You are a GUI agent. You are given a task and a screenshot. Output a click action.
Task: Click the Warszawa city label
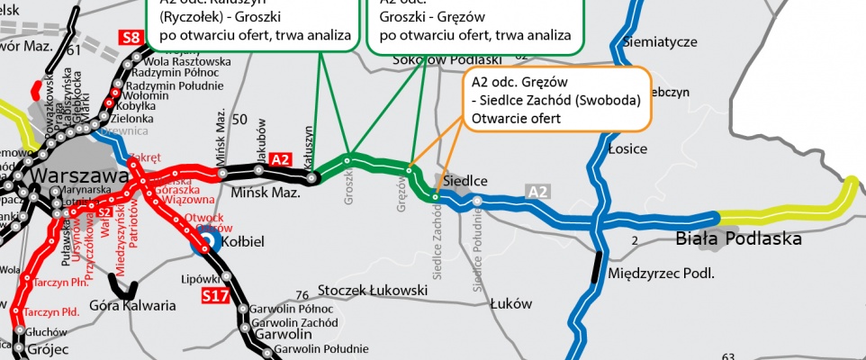(76, 176)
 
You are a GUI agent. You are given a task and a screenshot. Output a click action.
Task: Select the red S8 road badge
(131, 38)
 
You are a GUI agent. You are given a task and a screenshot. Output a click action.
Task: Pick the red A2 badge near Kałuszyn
(281, 158)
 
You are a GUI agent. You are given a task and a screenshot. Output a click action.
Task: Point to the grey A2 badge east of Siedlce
(537, 191)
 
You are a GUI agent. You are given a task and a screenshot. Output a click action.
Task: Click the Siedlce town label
(465, 181)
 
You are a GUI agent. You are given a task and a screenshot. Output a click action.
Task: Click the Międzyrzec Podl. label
(661, 272)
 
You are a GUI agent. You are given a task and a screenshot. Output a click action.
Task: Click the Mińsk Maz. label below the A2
(255, 193)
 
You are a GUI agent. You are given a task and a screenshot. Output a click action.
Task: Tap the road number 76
(302, 294)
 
